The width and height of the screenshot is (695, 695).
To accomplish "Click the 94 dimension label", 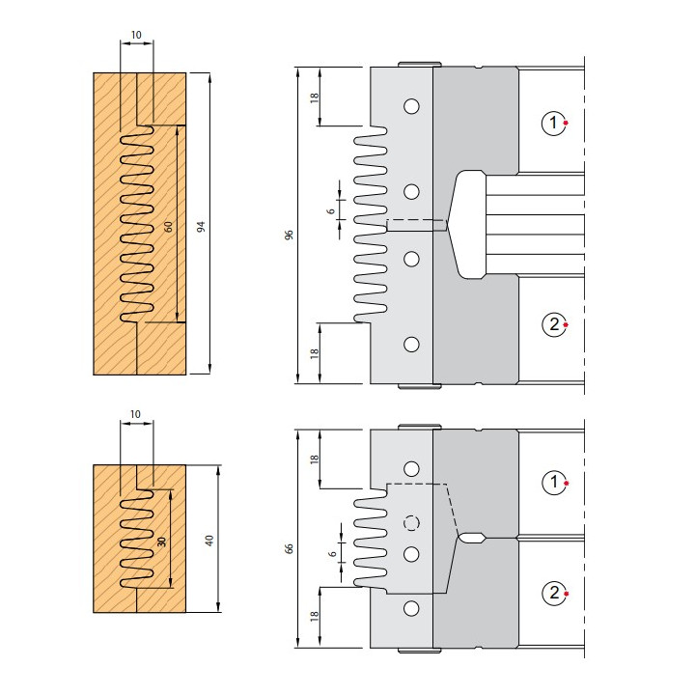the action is pos(201,227).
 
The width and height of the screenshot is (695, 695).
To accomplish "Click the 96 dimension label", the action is pos(289,235).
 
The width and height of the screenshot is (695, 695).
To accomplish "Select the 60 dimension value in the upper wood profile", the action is pos(168,227).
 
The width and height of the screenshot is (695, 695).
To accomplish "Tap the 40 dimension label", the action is pos(209,541).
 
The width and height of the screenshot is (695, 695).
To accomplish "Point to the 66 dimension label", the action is pos(289,548).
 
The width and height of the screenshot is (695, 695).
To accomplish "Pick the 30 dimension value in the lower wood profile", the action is pos(161,542).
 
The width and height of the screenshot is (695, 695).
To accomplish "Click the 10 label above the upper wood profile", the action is pos(136,35).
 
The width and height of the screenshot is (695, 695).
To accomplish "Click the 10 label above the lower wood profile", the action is pos(135,414).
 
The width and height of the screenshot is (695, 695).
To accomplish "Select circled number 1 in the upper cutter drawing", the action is pos(553,123).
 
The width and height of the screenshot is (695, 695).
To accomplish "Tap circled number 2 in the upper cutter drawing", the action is pos(554,324).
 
